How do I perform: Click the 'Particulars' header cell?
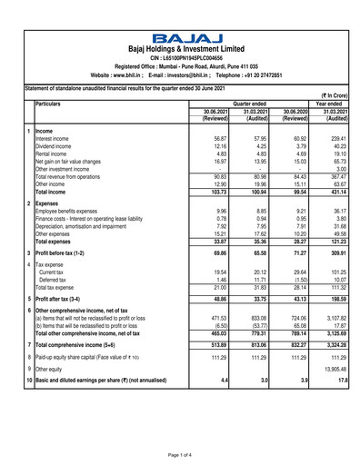[x=54, y=103]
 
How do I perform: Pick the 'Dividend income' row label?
[x=56, y=146]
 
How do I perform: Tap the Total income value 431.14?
[x=335, y=193]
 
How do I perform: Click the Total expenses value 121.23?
[x=335, y=242]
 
